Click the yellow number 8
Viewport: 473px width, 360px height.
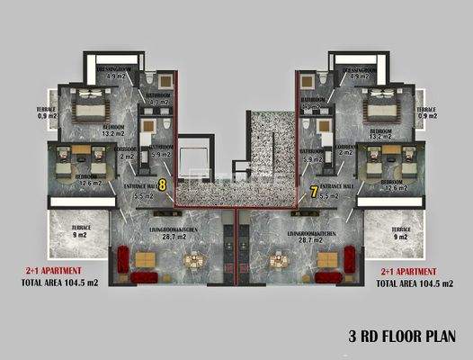(161, 184)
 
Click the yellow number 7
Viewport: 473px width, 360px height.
(313, 191)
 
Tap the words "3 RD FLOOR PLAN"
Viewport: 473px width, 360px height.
(408, 337)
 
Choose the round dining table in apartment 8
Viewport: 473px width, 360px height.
(194, 262)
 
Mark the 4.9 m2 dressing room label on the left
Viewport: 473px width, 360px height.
(115, 76)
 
